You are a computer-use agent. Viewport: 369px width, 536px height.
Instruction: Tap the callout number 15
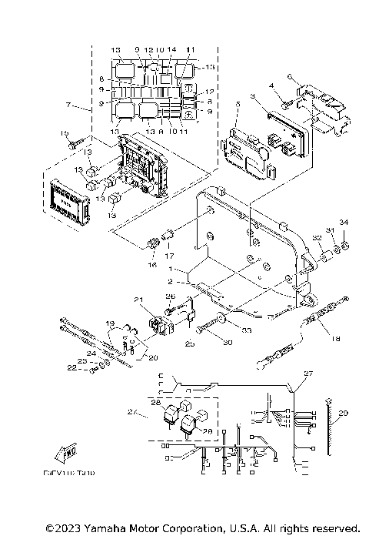(64, 133)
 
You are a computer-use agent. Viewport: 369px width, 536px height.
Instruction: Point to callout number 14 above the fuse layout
(171, 50)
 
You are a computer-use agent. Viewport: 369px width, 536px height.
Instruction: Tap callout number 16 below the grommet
(151, 264)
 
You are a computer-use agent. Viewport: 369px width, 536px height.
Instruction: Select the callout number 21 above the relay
(138, 300)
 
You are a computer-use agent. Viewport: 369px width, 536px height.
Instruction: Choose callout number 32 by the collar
(316, 238)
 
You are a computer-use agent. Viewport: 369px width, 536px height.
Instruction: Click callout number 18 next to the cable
(334, 337)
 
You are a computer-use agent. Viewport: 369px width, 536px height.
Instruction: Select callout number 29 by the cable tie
(343, 414)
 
